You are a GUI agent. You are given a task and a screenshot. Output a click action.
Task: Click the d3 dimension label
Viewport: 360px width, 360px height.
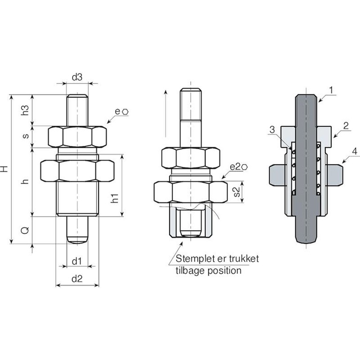point(77,77)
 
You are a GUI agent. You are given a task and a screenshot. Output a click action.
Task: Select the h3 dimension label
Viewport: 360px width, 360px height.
point(25,110)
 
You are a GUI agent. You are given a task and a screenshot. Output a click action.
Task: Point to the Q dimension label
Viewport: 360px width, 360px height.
point(25,230)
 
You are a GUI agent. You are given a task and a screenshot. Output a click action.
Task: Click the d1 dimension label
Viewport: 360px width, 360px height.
point(77,261)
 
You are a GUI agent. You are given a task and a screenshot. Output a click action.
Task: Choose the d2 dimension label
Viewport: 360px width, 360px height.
point(77,279)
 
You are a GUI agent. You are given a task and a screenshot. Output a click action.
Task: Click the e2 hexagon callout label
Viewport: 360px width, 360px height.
point(239,167)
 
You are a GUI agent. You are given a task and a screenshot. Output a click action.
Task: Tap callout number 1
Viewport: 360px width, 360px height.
point(331,90)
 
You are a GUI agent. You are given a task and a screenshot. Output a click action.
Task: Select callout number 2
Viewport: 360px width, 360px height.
point(346,126)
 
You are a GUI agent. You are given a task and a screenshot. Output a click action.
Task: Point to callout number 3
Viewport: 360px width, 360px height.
point(272,129)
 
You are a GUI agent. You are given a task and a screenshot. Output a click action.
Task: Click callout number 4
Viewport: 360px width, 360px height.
point(355,151)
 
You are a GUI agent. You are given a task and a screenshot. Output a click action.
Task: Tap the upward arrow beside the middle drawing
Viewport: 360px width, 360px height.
point(165,113)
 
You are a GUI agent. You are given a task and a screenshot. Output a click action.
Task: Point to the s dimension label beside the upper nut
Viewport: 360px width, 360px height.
point(26,136)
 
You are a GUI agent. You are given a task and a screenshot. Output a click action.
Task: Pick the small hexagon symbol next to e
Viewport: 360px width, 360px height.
point(125,112)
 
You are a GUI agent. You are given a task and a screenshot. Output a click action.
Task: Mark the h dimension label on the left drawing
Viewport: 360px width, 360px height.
point(25,181)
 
